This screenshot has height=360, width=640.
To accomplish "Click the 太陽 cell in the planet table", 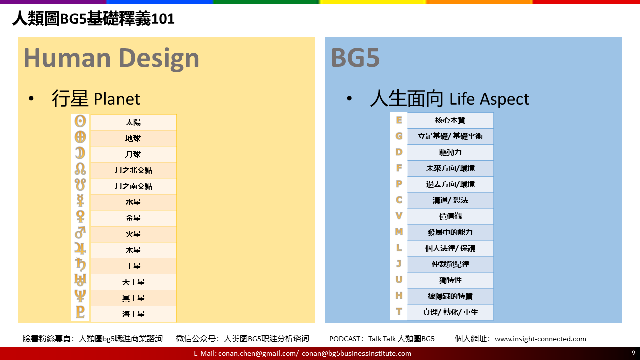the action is tap(133, 122).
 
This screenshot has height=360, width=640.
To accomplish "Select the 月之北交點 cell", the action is tap(133, 170).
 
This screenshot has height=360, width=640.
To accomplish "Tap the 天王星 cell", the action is tap(133, 282).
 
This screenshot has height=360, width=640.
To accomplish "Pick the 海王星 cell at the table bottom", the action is tap(133, 314).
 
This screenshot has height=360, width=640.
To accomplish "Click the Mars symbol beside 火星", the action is tap(80, 233).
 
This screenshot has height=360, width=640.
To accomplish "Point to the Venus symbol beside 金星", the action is tap(80, 217).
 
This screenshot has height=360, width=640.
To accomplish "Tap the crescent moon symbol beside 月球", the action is tap(80, 153).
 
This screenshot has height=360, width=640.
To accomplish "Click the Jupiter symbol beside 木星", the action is tap(80, 249).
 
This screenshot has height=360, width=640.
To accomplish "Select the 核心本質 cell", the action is tap(450, 120).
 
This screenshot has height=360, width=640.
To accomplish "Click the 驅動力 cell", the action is tap(450, 152).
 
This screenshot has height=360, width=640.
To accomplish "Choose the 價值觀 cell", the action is tap(450, 216).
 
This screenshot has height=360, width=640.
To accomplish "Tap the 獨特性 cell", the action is tap(450, 280).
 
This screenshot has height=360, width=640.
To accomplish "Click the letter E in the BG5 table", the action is tap(399, 120).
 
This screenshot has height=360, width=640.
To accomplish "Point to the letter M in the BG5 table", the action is tap(399, 231).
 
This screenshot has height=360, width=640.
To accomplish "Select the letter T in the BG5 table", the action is tap(399, 311).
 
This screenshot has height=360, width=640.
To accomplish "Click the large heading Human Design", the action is tap(111, 58).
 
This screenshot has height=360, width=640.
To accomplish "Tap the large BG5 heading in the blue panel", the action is tap(355, 58).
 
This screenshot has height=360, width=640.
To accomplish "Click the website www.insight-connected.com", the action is tap(540, 339).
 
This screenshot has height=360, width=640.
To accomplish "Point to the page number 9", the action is tap(633, 353).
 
